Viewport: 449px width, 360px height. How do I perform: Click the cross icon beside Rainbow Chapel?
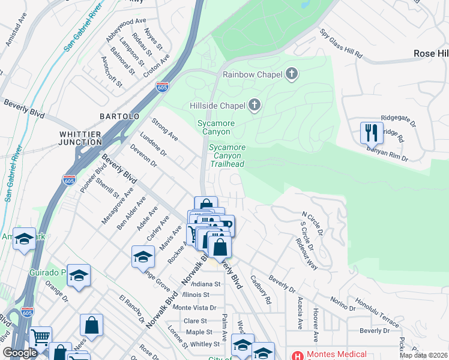tap(292, 74)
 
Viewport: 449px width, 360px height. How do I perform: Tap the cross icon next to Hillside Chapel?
tap(255, 106)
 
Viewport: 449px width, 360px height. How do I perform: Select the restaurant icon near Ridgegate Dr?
tap(372, 133)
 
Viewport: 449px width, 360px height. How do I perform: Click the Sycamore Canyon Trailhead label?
tap(226, 155)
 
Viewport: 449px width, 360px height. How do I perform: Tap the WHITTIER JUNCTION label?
tap(81, 138)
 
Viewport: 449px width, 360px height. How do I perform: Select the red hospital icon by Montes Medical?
tap(297, 355)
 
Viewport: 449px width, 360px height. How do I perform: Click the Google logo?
tap(20, 353)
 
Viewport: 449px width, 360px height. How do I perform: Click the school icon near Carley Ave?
tap(143, 256)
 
